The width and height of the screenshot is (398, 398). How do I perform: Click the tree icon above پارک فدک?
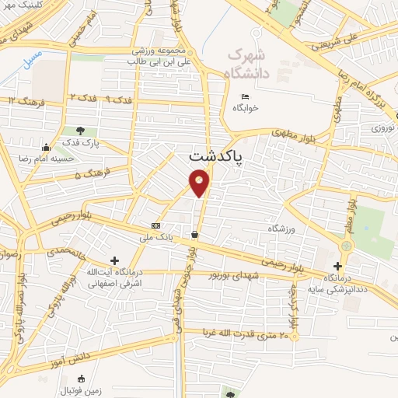click(80, 130)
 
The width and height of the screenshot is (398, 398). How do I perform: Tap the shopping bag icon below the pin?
click(194, 234)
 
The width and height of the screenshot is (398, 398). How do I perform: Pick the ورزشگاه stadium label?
click(284, 229)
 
